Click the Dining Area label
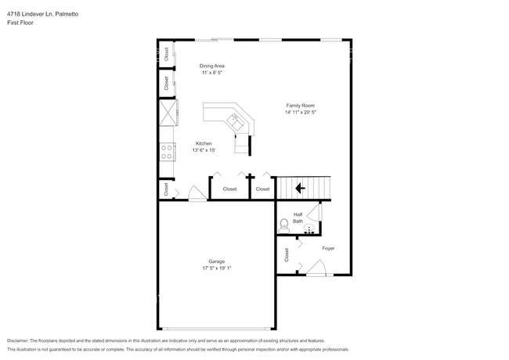pos(211,66)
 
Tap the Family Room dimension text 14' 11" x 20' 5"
pos(300,113)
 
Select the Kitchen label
pos(204,143)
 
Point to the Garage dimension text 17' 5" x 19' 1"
pos(216,268)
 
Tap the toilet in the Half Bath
pos(284,225)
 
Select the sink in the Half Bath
pos(309,229)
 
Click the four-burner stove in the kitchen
pos(167,151)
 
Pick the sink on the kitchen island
pos(234,120)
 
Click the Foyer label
pos(328,249)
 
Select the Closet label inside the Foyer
pos(287,254)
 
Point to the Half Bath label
pos(298,218)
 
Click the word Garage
pos(216,261)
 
